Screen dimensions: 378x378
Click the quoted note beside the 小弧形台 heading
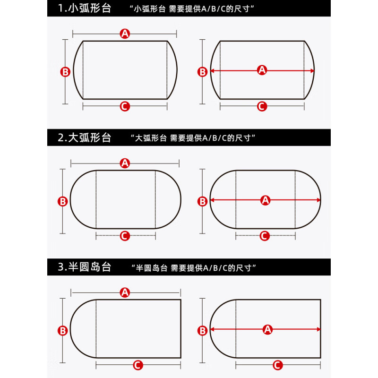tap(192, 9)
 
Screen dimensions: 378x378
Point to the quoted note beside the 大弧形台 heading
tap(192, 138)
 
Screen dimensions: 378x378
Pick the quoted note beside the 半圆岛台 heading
tap(192, 268)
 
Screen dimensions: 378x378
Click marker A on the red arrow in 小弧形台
tap(262, 70)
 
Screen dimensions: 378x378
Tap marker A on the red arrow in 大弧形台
tap(265, 200)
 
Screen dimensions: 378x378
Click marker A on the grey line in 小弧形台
tap(125, 33)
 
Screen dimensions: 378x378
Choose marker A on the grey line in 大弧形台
tap(125, 163)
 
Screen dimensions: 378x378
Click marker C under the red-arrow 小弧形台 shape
tap(262, 106)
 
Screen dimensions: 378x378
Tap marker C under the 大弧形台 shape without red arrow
tap(125, 236)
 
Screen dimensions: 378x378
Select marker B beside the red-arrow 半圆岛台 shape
tap(203, 330)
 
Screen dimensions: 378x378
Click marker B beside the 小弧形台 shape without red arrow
tap(66, 72)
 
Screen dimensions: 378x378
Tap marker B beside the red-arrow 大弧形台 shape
tap(203, 201)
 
